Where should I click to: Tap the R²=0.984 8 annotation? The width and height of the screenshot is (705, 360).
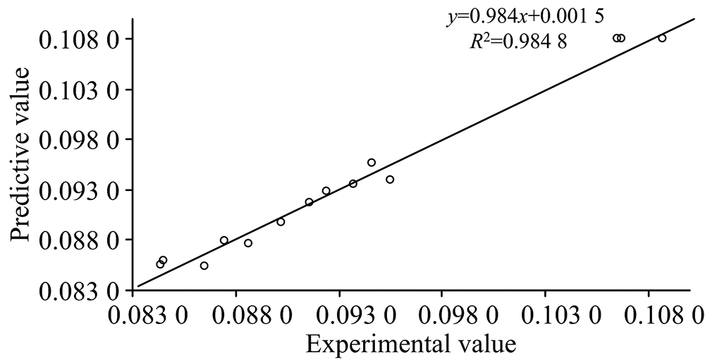point(519,42)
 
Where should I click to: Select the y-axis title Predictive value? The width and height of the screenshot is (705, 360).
point(22,154)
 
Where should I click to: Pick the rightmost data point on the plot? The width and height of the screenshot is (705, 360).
point(662,38)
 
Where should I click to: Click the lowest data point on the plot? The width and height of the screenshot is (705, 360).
point(204,266)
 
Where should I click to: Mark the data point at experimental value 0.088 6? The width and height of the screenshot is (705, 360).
point(248,243)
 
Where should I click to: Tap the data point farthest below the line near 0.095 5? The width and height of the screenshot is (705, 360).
point(390,180)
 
